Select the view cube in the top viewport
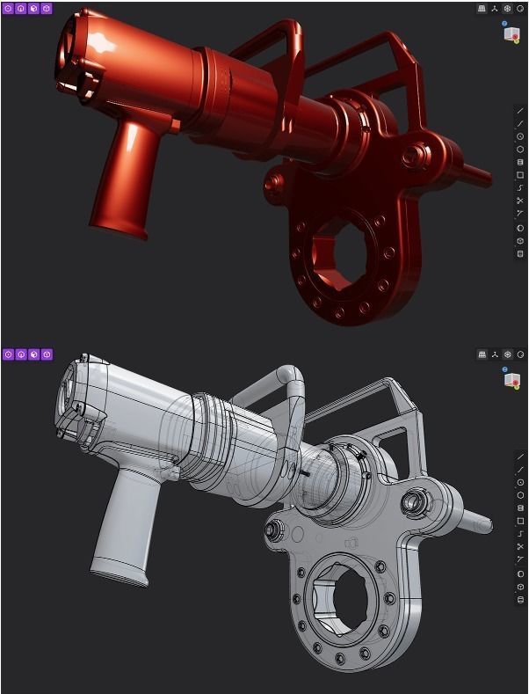[x=511, y=33]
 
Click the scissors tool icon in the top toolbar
[x=520, y=201]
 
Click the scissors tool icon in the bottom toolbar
[x=520, y=547]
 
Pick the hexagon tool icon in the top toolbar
[x=520, y=149]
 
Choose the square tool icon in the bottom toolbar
[x=520, y=521]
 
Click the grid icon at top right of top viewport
[x=482, y=8]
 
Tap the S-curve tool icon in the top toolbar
[x=520, y=187]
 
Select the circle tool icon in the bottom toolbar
[x=520, y=482]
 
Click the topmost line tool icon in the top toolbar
[x=520, y=110]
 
